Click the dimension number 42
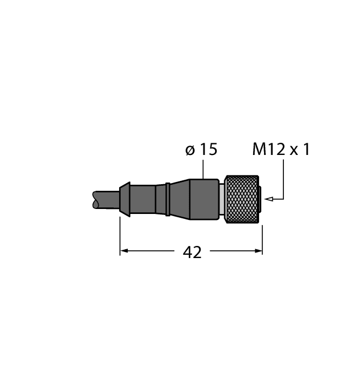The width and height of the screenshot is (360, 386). pyautogui.click(x=192, y=252)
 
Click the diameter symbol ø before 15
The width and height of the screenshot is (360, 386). pyautogui.click(x=190, y=150)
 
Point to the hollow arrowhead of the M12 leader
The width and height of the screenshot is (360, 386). pyautogui.click(x=268, y=198)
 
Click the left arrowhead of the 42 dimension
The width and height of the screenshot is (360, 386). pyautogui.click(x=124, y=251)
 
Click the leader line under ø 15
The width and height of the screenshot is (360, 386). pyautogui.click(x=204, y=169)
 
